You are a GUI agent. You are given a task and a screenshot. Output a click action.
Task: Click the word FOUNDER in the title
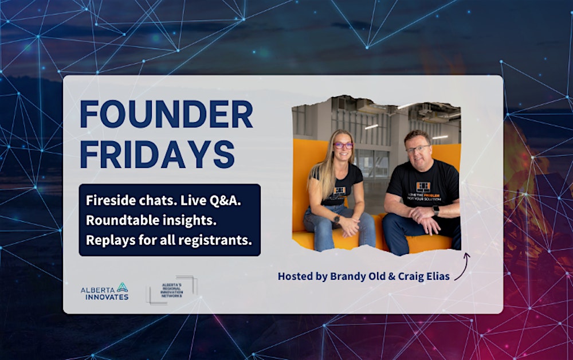point(166,114)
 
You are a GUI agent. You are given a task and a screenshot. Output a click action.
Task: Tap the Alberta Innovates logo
point(104,291)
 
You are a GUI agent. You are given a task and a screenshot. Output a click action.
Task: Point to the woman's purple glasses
point(343,145)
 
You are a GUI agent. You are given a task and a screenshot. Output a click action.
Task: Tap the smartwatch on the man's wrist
point(436,210)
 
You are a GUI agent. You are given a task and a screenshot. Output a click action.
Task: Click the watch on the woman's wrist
point(336,218)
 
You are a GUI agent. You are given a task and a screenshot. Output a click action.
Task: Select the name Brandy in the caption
point(348,276)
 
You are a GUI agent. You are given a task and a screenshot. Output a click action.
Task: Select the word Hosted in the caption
point(295,276)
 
